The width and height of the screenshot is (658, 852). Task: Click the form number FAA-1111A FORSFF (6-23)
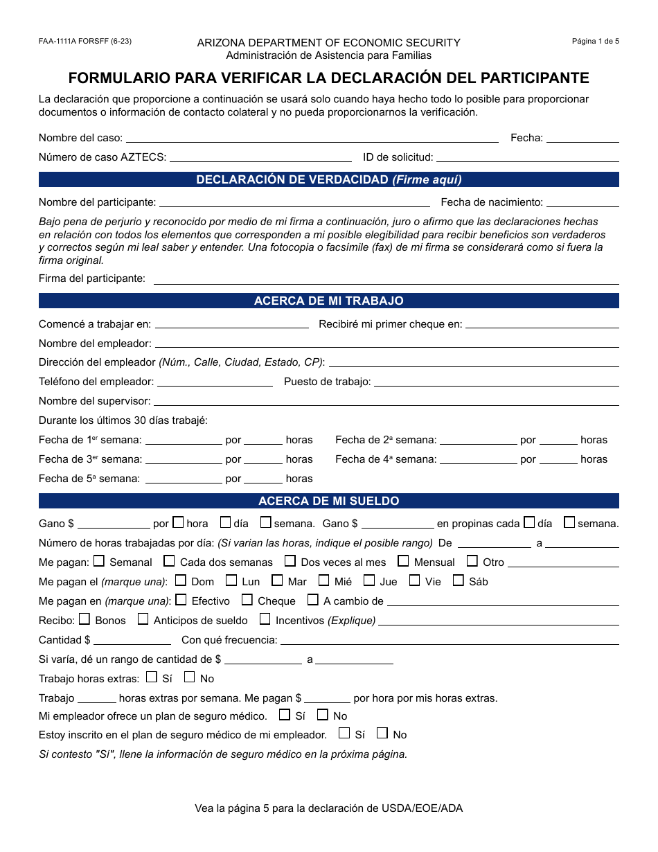click(85, 41)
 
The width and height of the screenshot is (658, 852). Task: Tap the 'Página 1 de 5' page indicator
click(595, 41)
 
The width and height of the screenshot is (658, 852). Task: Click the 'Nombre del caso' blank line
click(312, 139)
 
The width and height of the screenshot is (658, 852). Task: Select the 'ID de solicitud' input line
click(527, 158)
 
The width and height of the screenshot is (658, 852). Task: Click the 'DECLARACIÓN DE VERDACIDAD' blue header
click(329, 180)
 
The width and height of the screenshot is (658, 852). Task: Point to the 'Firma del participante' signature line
click(386, 279)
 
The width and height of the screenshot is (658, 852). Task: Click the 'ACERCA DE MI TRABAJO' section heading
click(329, 301)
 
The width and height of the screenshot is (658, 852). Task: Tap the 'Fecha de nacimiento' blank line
click(583, 203)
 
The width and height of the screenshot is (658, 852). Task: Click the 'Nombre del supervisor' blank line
click(386, 402)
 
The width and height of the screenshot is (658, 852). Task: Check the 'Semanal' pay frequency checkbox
click(99, 561)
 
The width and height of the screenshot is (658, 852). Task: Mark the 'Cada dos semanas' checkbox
click(169, 561)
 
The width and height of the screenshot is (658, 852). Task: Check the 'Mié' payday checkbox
click(324, 580)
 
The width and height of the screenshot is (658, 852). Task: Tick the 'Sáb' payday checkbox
click(458, 580)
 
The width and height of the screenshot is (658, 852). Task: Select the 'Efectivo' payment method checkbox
click(181, 600)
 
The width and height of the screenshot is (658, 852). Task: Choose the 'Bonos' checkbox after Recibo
click(85, 619)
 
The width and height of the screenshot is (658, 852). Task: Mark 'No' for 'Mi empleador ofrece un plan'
click(323, 715)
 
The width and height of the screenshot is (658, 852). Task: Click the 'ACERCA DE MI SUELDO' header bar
click(329, 501)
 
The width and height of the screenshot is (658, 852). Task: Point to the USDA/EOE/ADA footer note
click(329, 808)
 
